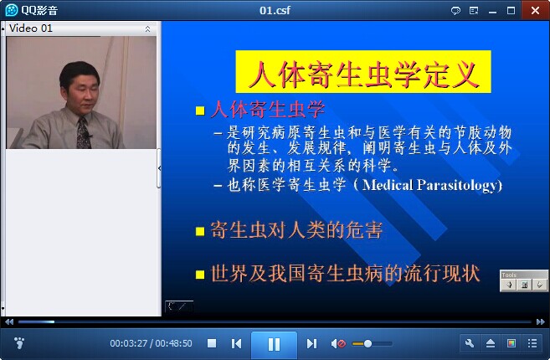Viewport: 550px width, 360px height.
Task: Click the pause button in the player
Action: (274, 344)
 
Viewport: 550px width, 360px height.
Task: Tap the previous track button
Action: (236, 343)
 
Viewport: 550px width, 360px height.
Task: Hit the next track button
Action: (311, 343)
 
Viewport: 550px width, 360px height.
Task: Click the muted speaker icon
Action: (338, 343)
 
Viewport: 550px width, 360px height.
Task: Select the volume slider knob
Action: (368, 343)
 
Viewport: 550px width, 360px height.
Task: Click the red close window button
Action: (535, 11)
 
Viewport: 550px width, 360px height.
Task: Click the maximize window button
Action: (511, 11)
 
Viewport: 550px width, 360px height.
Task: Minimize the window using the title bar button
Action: (492, 11)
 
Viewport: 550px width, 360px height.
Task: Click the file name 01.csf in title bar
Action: (275, 10)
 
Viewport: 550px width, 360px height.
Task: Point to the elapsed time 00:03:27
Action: (128, 343)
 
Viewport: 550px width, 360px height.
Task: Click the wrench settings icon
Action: (470, 343)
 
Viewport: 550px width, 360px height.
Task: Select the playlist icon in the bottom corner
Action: (532, 343)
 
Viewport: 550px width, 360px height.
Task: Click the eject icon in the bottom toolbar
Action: (491, 343)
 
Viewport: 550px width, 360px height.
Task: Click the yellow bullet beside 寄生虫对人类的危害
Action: (200, 232)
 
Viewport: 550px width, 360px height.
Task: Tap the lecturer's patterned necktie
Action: (84, 133)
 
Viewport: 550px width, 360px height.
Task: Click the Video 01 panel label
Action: (30, 28)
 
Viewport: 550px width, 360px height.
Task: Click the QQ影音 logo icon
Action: (12, 10)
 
